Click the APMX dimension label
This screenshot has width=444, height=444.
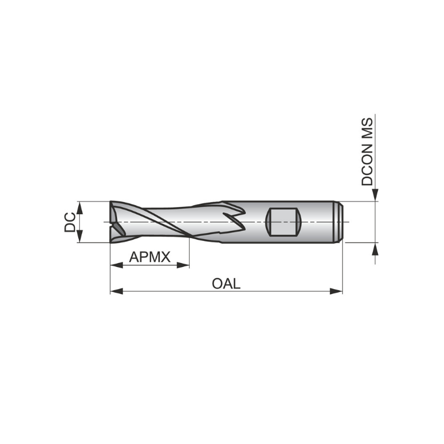[x=149, y=257]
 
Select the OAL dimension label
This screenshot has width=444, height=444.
[x=226, y=284]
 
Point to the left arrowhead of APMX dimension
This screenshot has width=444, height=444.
[x=115, y=265]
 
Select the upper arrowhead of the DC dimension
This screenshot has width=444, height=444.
[x=79, y=208]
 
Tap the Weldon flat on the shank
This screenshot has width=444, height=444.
[x=284, y=222]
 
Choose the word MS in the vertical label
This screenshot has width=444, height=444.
[x=368, y=129]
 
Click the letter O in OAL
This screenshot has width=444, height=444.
[x=218, y=284]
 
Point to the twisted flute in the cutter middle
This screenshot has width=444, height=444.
[x=167, y=221]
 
